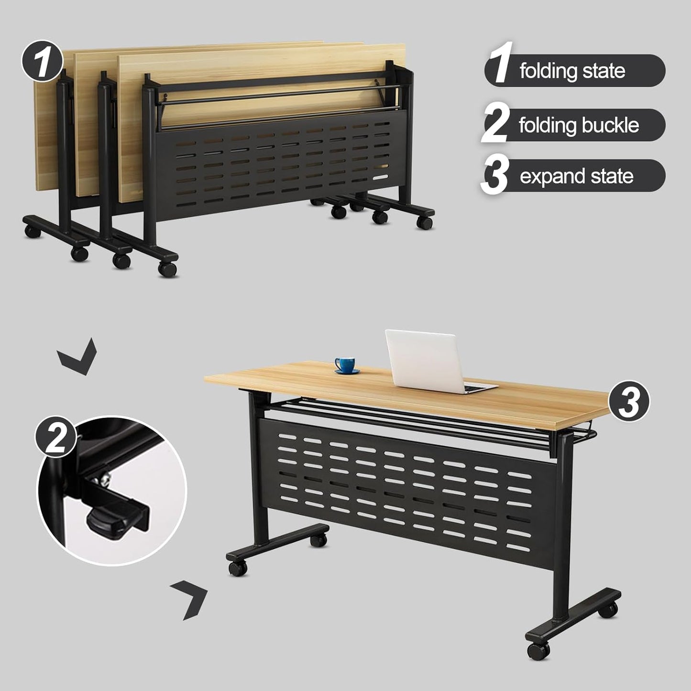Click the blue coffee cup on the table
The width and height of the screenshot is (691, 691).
[x=344, y=363]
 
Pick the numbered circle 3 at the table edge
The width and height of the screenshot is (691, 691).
[x=628, y=402]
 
